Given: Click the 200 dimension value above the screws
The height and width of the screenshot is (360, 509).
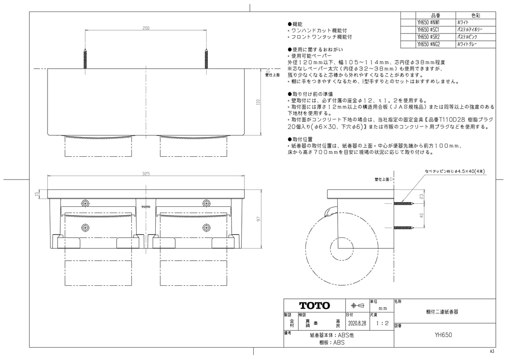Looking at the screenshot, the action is coord(146,28).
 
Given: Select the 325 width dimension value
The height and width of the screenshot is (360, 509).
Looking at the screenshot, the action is coord(146,174).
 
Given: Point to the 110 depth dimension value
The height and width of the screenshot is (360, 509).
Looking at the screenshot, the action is coord(258,102).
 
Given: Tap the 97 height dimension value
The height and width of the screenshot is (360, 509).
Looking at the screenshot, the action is coord(258,219).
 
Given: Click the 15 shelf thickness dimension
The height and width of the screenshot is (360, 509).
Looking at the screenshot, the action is coord(37,194).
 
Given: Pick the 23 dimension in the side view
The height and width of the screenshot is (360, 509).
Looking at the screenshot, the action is coord(422,196).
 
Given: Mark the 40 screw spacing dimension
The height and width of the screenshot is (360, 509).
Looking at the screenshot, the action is coord(422,215).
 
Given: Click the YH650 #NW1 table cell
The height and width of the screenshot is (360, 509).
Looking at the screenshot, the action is coord(428,22).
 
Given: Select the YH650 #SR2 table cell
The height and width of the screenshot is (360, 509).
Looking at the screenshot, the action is coord(428,37).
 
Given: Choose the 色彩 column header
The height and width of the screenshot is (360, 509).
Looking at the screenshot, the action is coord(475,15).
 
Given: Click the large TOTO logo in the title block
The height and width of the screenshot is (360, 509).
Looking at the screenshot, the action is coord(314,306).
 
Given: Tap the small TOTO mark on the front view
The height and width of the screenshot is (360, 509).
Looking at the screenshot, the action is coord(146,207).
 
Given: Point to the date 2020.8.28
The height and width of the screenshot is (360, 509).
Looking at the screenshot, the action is coord(357,323).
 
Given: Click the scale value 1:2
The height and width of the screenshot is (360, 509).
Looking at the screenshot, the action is coord(383,323).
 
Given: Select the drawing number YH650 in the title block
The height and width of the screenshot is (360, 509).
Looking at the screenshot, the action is coord(443,335).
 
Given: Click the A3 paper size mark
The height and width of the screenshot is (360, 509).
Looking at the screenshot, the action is coord(492,351).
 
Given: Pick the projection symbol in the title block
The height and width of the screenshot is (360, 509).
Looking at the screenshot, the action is coord(358,306).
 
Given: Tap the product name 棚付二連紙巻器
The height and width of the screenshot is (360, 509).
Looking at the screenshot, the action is coord(442,312).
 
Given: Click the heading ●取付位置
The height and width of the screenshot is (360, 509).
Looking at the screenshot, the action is coord(300,139).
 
